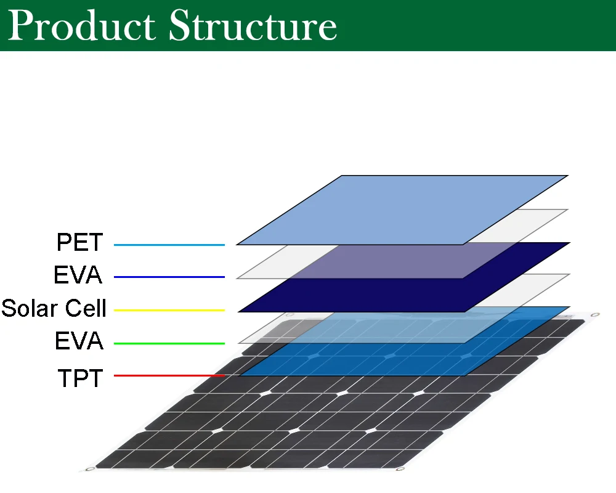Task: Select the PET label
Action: click(x=79, y=242)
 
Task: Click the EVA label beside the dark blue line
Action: click(x=78, y=274)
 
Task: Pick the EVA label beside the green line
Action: click(x=79, y=340)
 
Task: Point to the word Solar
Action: click(x=30, y=308)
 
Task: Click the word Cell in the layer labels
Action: click(x=86, y=308)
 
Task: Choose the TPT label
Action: click(x=80, y=378)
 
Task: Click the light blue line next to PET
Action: click(x=169, y=245)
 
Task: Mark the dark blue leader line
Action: click(x=169, y=277)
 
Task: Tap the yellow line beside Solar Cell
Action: click(x=169, y=310)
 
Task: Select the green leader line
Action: click(x=169, y=343)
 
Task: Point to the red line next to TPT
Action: click(x=169, y=375)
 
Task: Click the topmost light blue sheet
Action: click(x=402, y=210)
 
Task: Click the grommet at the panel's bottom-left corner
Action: click(x=90, y=469)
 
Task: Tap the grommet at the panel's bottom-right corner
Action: click(x=400, y=468)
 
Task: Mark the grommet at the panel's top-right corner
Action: click(x=595, y=315)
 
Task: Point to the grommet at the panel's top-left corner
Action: click(x=290, y=315)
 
